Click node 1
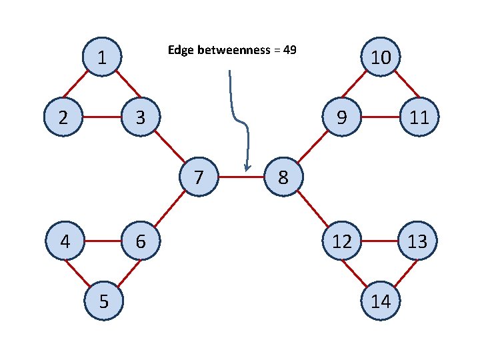click(101, 57)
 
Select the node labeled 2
click(63, 118)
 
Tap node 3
click(139, 118)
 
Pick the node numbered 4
click(65, 241)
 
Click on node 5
click(103, 301)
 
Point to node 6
click(140, 241)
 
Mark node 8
click(283, 178)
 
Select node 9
click(341, 118)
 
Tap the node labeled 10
click(380, 58)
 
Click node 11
click(418, 118)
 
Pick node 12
click(341, 241)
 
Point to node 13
click(418, 241)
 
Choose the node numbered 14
click(380, 301)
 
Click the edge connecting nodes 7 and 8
click(241, 178)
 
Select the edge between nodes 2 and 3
click(101, 118)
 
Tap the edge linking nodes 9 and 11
click(379, 118)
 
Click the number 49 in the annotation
click(289, 50)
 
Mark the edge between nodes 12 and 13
click(379, 241)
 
